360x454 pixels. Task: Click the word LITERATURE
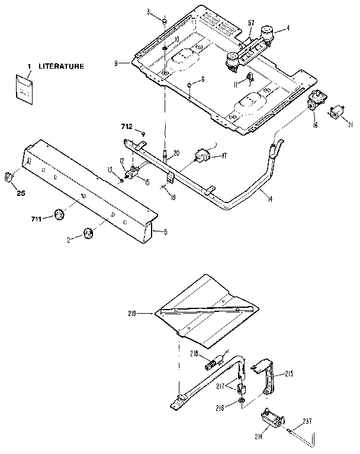[62, 66]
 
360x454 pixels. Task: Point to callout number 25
[21, 193]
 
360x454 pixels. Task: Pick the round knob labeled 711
[59, 214]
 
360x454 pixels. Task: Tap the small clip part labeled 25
[9, 176]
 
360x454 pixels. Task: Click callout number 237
[307, 421]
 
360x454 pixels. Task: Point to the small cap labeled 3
[164, 22]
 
